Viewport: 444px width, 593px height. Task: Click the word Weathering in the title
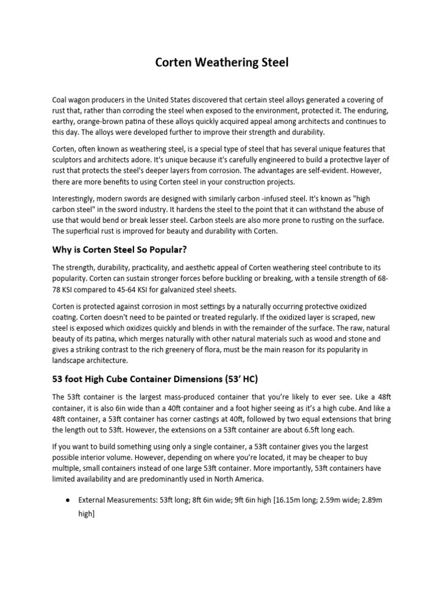click(221, 63)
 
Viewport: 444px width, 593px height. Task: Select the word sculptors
click(69, 159)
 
